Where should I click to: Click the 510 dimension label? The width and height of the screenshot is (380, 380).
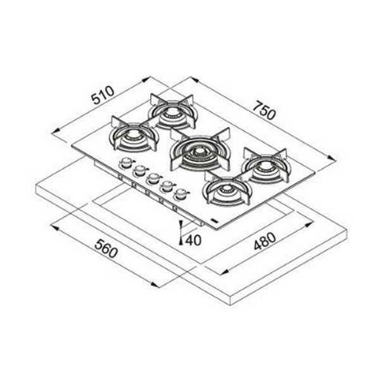(x=103, y=95)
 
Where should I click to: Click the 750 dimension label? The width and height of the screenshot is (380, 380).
(x=264, y=111)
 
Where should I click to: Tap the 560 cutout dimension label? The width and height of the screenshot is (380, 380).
(x=106, y=248)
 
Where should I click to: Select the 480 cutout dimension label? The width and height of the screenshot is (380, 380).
(x=265, y=241)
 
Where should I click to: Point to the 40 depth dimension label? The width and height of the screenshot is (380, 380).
(x=194, y=240)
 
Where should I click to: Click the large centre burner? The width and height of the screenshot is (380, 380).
(x=200, y=149)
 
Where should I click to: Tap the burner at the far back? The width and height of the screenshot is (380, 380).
(x=173, y=112)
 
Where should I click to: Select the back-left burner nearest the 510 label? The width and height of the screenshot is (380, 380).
(x=134, y=136)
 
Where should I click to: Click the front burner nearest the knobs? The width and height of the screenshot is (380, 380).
(x=227, y=189)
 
